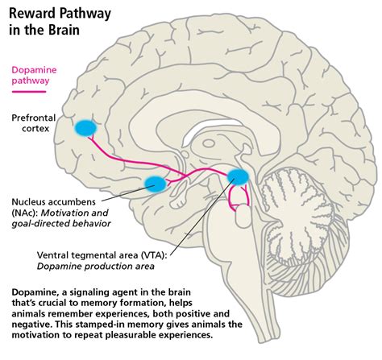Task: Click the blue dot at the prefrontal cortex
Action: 85,126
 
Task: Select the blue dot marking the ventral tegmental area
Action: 239,177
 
